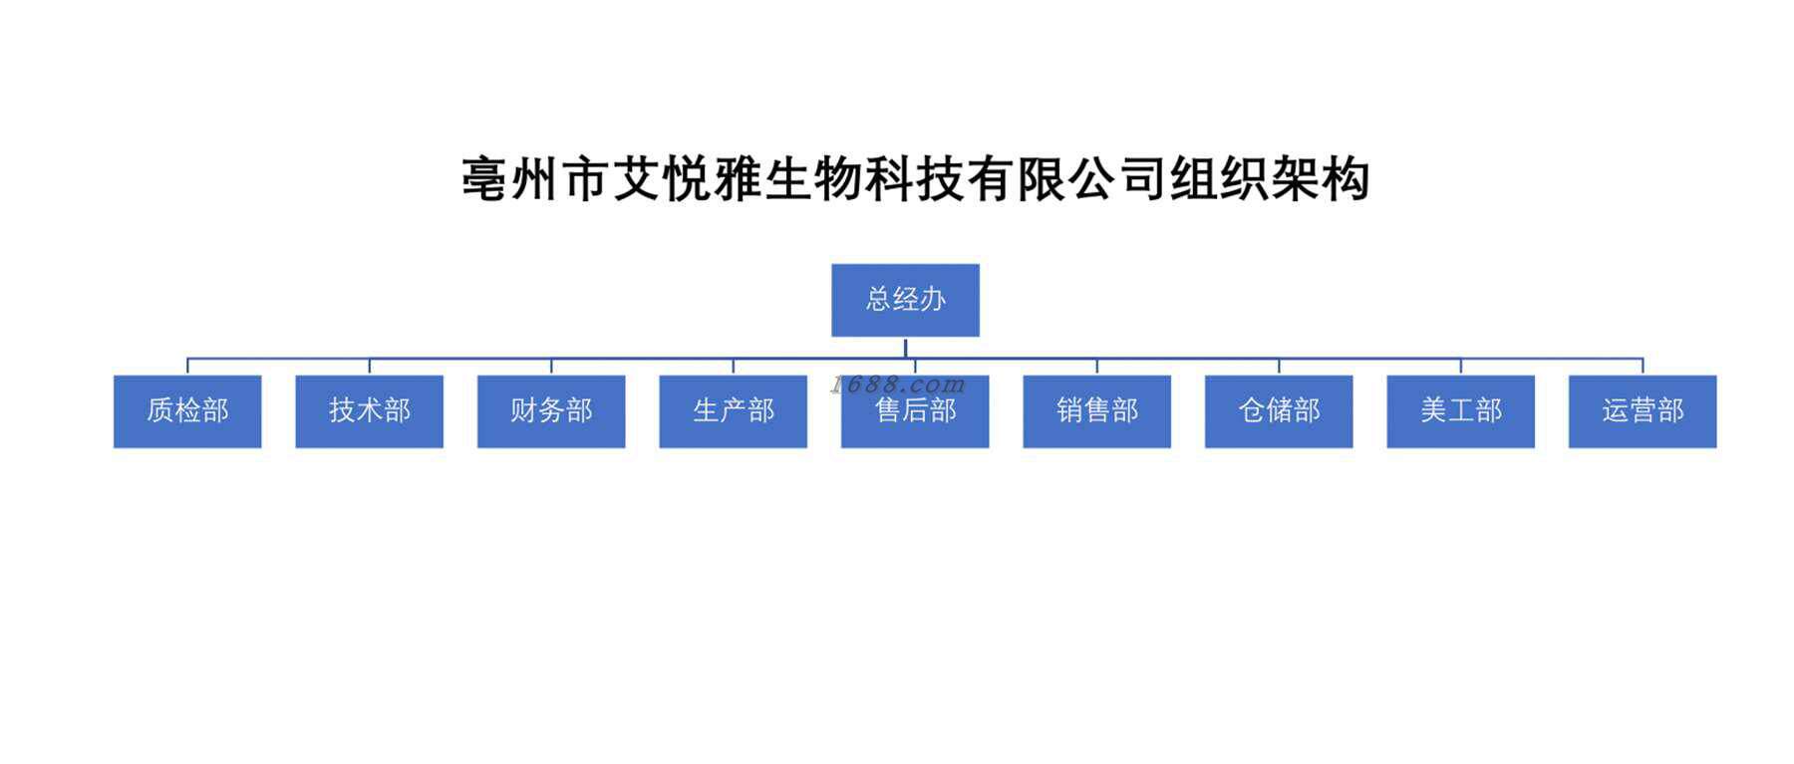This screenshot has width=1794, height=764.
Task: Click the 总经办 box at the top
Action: (x=905, y=300)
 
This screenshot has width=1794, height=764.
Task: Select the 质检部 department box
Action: (x=187, y=411)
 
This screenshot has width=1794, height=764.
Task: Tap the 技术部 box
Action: (x=369, y=411)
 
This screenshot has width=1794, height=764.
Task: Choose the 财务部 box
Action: (x=551, y=411)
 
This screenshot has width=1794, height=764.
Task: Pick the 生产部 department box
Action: (x=733, y=411)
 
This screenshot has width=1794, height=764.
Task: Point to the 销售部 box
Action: (x=1096, y=411)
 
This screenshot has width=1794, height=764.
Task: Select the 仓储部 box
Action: (x=1279, y=411)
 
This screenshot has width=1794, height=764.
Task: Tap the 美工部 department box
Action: (x=1460, y=411)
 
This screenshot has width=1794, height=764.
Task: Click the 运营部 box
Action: (x=1643, y=411)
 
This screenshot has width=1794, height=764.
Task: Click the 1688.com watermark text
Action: (x=897, y=384)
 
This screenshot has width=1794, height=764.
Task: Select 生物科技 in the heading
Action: (x=865, y=180)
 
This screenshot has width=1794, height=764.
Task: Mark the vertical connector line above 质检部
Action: (x=187, y=366)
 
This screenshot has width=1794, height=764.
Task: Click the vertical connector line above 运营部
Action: (x=1643, y=366)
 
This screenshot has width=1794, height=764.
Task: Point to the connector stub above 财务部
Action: (x=551, y=366)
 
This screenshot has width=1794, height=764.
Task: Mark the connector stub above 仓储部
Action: (x=1279, y=366)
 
